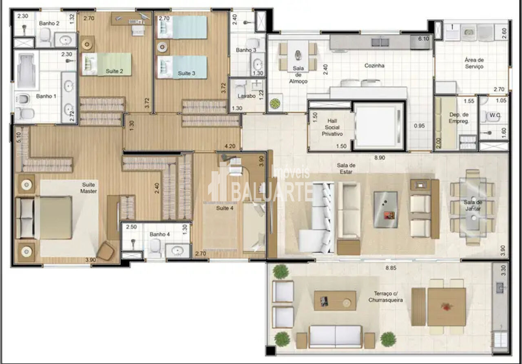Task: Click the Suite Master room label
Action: (x=88, y=188)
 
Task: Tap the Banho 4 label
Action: (x=159, y=234)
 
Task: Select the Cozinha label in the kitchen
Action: (x=374, y=66)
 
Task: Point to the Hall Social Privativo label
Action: (x=332, y=128)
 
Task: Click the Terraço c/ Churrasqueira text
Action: (x=386, y=297)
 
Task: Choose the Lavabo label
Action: (x=247, y=96)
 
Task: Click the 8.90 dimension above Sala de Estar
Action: (x=380, y=158)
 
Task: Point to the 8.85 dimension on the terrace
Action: (x=391, y=268)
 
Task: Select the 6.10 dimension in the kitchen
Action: (x=423, y=39)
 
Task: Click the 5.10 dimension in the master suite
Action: (x=19, y=137)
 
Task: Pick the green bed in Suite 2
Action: (x=106, y=64)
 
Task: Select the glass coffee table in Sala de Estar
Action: (x=386, y=210)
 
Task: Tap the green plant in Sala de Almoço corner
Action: (x=275, y=103)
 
